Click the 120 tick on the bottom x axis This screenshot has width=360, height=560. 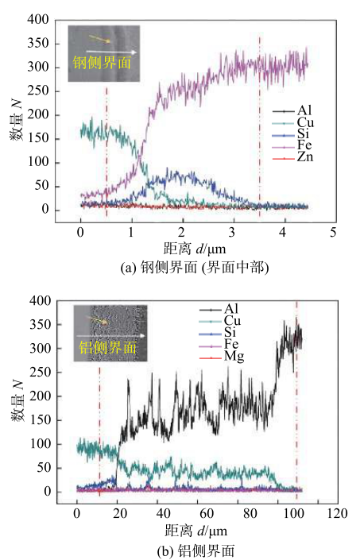(x=339, y=512)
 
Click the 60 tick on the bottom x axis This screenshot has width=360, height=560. (x=207, y=512)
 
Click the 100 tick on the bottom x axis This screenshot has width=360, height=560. (x=295, y=512)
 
